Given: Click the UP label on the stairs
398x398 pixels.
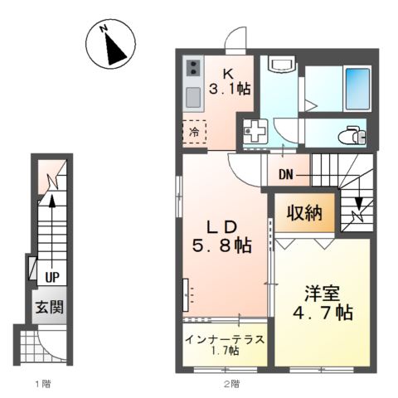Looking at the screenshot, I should (x=51, y=277).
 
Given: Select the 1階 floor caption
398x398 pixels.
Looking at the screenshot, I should (x=42, y=384).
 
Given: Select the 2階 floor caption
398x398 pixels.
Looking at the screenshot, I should (x=232, y=384).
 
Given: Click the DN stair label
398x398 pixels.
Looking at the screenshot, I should (x=286, y=174).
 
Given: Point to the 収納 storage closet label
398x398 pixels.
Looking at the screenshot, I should (x=305, y=212).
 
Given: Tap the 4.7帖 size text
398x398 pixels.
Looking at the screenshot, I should (x=320, y=313).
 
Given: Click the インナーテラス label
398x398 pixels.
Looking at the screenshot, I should (x=224, y=339).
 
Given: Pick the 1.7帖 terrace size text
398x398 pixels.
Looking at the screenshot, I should (x=224, y=352).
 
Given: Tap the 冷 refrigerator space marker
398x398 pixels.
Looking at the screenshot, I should (x=194, y=132).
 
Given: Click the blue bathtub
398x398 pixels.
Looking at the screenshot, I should (x=357, y=86).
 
